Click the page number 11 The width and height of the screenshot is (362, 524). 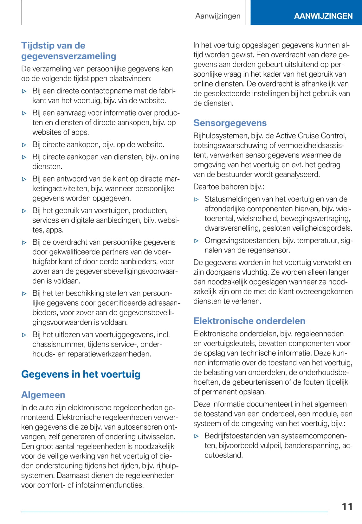[347, 506]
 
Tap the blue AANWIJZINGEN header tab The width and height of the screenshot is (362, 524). [323, 16]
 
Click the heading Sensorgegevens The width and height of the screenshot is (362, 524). [230, 123]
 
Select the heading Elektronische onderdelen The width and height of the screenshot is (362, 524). [249, 321]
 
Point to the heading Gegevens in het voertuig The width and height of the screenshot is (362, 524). [81, 374]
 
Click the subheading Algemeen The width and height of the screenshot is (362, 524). [43, 395]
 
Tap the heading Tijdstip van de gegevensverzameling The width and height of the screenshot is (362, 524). [68, 51]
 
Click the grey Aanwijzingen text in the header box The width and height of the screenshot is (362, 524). [218, 16]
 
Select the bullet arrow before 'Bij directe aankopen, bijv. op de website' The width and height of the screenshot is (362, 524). [24, 145]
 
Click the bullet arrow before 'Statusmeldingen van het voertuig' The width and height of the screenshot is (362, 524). [197, 200]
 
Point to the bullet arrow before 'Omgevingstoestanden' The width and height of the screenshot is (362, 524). [197, 241]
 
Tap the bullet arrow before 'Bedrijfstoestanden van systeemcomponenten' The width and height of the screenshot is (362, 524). [197, 436]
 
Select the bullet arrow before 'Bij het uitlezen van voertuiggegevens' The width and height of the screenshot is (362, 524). [24, 335]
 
